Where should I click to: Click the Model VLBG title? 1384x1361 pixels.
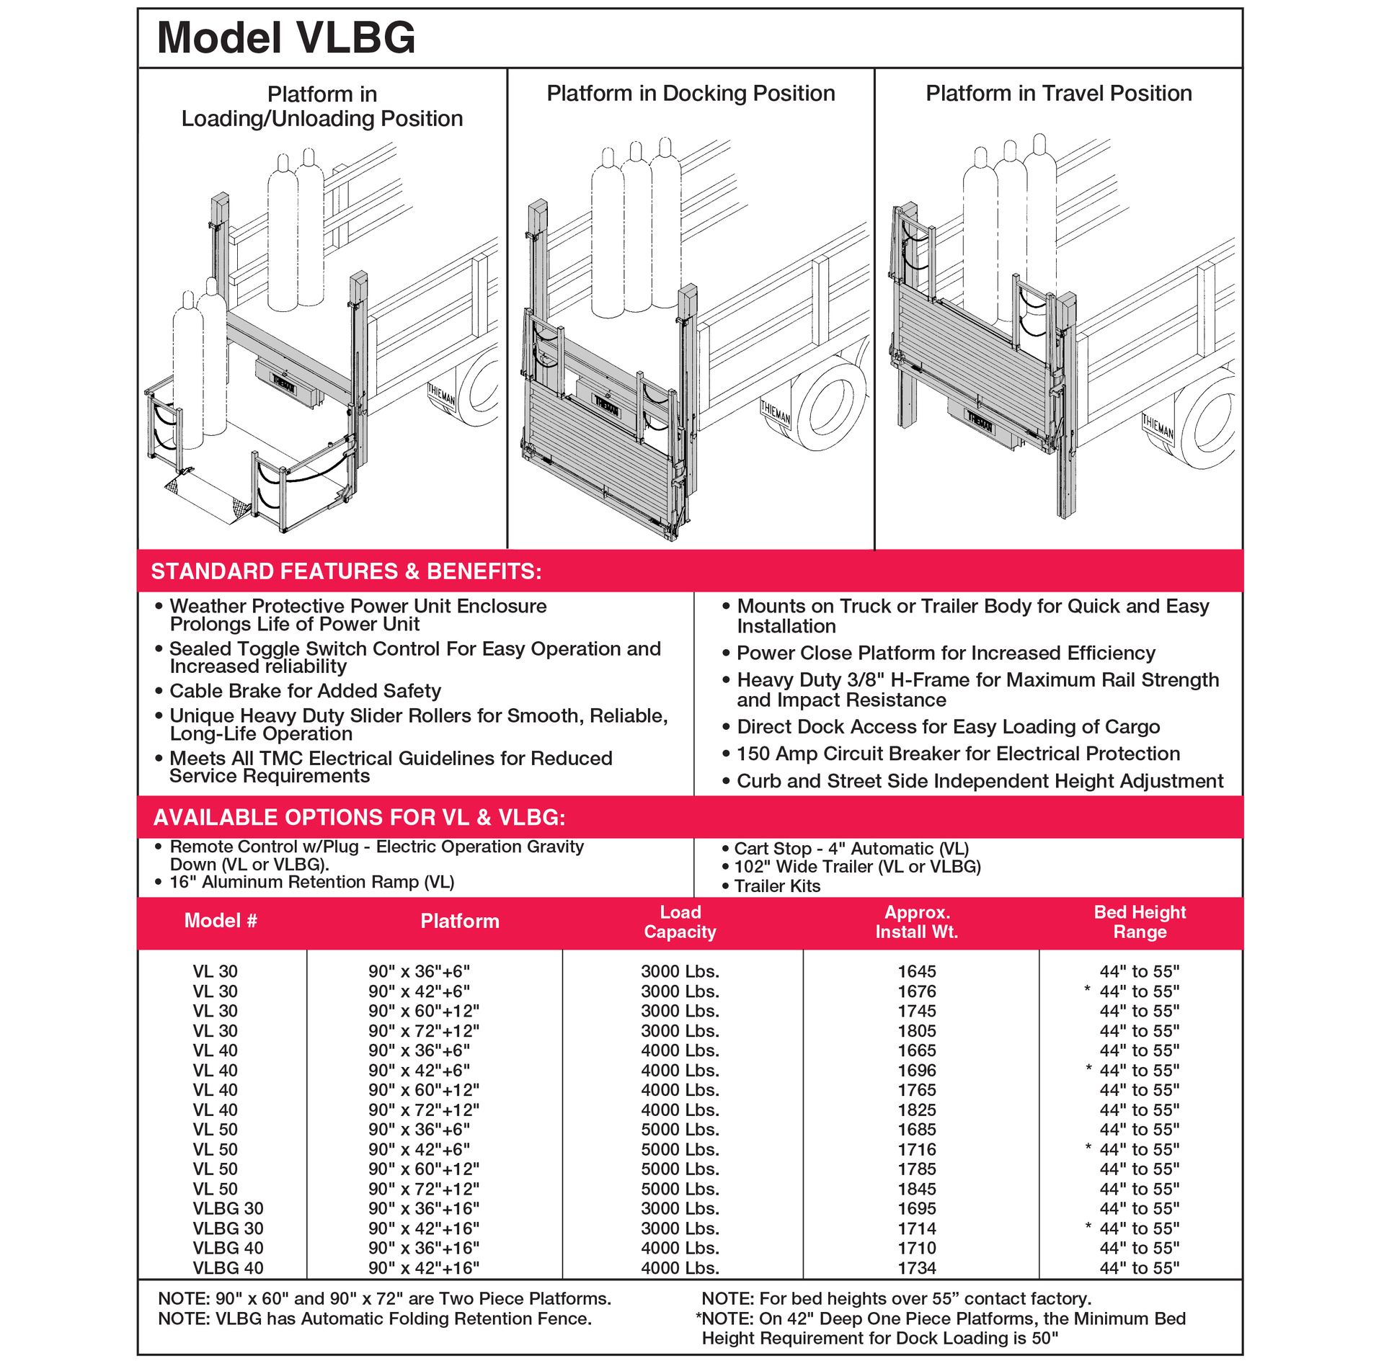[286, 37]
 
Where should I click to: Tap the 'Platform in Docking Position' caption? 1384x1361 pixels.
[690, 94]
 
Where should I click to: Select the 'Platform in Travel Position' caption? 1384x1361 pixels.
[1058, 94]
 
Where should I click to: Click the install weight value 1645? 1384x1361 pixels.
[916, 971]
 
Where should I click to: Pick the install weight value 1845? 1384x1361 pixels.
[916, 1189]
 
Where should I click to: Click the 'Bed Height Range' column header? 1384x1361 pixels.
[1139, 922]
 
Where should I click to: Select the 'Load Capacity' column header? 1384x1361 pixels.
[680, 922]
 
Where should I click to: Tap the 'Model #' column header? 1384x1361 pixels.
[221, 921]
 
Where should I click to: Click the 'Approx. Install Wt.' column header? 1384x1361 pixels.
[916, 922]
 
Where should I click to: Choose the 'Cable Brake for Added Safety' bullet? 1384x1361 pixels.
[305, 691]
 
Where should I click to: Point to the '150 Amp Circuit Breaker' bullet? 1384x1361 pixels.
[958, 754]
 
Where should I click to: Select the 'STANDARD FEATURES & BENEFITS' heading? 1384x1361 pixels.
[346, 571]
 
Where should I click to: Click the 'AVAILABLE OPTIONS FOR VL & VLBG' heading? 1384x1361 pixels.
[359, 817]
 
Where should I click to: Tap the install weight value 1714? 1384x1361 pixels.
[916, 1228]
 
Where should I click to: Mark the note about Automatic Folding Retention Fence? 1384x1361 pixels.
[375, 1318]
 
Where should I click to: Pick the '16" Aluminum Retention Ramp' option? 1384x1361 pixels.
[311, 882]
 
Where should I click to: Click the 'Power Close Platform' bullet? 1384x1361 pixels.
[946, 653]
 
